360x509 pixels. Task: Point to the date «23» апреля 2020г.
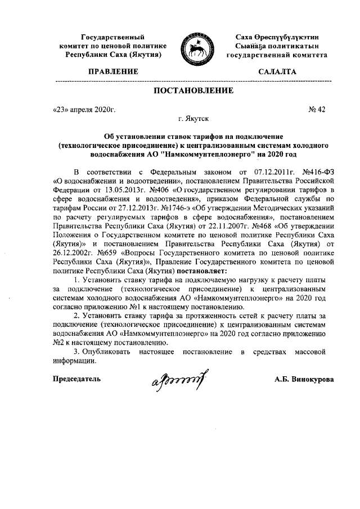click(84, 110)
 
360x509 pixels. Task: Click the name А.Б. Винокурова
click(304, 379)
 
